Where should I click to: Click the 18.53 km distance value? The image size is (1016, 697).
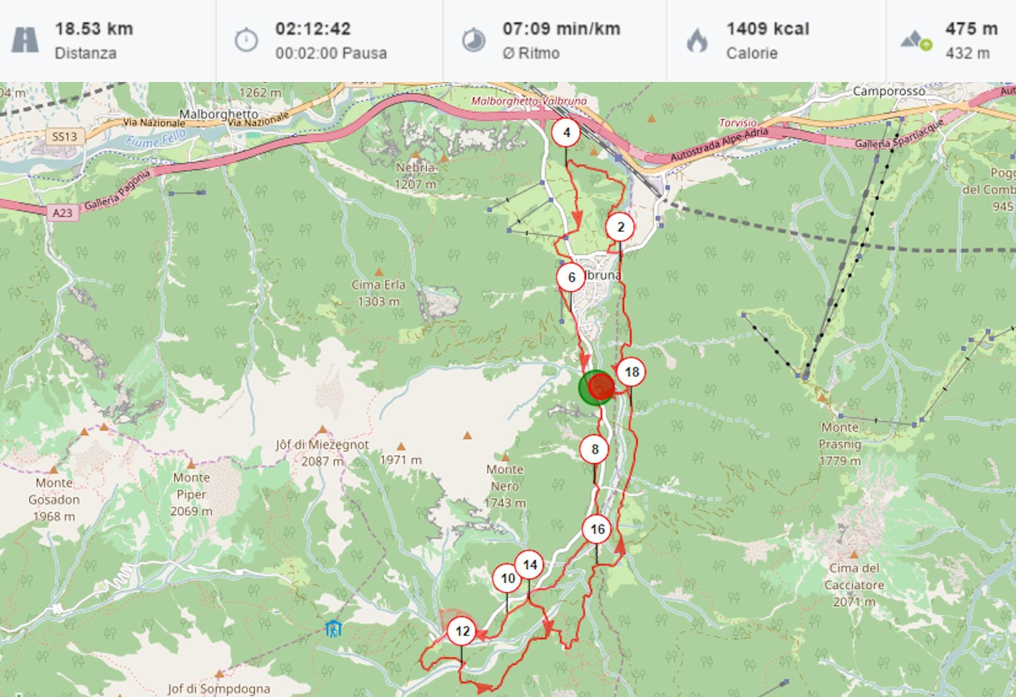[x=94, y=29]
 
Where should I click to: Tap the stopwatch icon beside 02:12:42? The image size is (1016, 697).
[x=246, y=40]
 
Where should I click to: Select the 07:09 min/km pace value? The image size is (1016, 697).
[x=561, y=29]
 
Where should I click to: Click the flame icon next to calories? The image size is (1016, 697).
[x=697, y=41]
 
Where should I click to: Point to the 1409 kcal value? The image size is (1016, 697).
[x=768, y=29]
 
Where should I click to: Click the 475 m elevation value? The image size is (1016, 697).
[x=971, y=29]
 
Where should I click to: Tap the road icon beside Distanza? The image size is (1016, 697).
[x=25, y=40]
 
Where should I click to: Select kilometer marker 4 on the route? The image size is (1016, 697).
[x=566, y=133]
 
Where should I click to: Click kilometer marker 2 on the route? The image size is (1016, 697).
[x=620, y=227]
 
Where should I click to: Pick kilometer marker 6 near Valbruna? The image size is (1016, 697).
[x=571, y=278]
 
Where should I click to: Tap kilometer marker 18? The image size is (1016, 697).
[x=631, y=372]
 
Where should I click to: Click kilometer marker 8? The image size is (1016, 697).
[x=594, y=449]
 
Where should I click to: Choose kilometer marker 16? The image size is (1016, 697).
[x=597, y=529]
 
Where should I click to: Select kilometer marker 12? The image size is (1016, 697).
[x=462, y=631]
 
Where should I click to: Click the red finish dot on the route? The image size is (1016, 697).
[x=601, y=386]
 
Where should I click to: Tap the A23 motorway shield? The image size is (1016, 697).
[x=62, y=213]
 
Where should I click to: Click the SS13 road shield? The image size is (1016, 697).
[x=64, y=137]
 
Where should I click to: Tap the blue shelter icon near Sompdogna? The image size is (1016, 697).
[x=333, y=629]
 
